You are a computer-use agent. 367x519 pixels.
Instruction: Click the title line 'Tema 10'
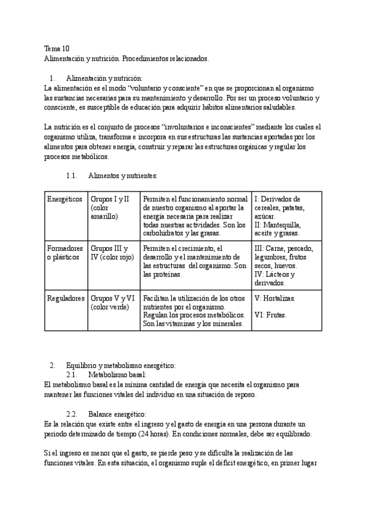[56, 49]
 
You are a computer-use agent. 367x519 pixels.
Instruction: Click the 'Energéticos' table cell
[64, 200]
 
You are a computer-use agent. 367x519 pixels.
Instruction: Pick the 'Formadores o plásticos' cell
[64, 253]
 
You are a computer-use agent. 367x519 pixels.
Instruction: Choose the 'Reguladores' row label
[65, 298]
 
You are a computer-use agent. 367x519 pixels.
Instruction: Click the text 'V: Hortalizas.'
[275, 298]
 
